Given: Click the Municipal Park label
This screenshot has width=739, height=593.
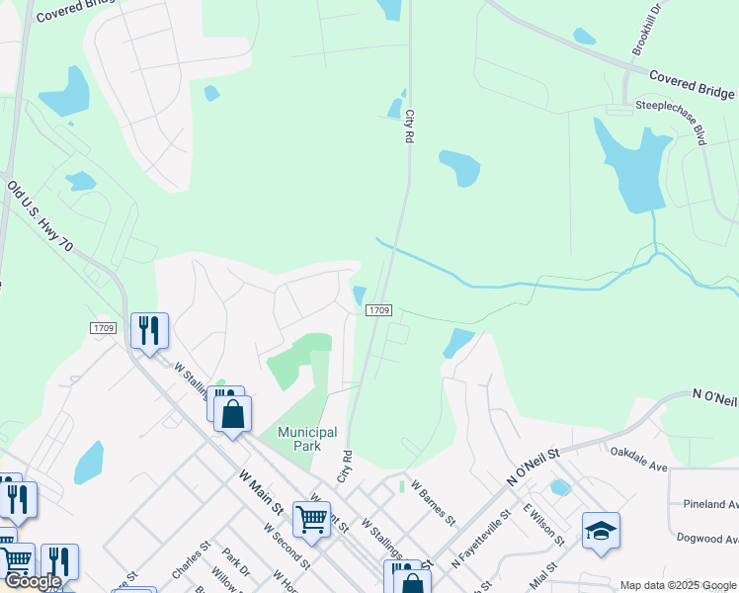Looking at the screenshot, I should pos(307,439).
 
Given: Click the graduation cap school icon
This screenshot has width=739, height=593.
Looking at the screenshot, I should pos(601,530).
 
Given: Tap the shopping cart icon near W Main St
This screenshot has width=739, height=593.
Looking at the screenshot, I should pos(311,517).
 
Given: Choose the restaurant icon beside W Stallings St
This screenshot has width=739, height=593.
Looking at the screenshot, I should pos(149,330).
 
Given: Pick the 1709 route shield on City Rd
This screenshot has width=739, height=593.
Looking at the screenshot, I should pos(380,310).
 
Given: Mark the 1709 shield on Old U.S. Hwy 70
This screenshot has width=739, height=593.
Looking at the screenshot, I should pos(103,328).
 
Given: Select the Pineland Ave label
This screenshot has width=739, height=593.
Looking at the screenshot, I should pos(709,504).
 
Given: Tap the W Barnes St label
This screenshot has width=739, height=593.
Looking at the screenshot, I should pos(433,504).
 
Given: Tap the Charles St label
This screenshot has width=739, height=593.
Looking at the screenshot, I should pos(191,558).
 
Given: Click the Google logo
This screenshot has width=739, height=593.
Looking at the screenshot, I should pos(33,581).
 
